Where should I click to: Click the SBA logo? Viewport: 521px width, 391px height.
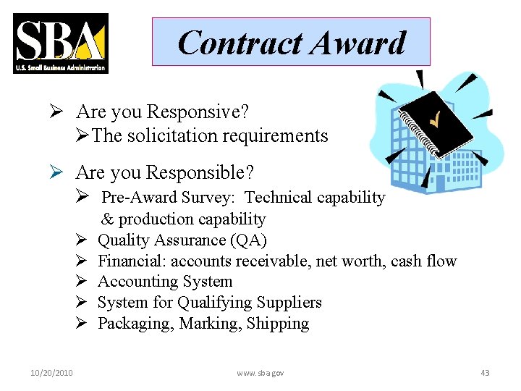point(61,43)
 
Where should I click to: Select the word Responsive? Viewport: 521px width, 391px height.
point(198,112)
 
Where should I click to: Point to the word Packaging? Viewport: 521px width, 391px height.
point(131,324)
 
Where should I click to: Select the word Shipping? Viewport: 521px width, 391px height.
point(278,324)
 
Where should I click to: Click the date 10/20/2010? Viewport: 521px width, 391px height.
point(52,373)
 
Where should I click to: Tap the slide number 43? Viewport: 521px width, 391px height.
point(485,373)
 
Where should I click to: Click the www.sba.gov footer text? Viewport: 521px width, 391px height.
point(260,373)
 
